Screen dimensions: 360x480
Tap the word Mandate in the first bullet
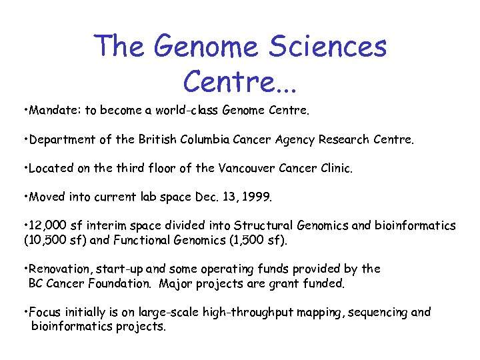point(51,111)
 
